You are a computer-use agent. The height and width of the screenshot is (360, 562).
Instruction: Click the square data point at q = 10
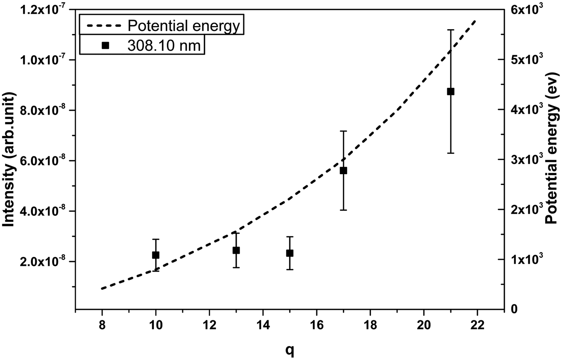click(x=156, y=255)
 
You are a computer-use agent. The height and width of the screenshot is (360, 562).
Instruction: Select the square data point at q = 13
click(x=236, y=250)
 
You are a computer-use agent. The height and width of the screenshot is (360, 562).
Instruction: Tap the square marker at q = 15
click(x=290, y=253)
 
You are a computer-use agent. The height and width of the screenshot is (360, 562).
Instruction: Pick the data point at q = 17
click(x=343, y=171)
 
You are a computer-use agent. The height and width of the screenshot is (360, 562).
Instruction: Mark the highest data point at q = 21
click(x=450, y=92)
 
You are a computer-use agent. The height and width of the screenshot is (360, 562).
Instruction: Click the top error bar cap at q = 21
click(x=450, y=30)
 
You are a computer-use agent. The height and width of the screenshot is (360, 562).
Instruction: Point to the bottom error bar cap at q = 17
click(x=343, y=210)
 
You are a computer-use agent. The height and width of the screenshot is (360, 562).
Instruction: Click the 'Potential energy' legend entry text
click(x=183, y=26)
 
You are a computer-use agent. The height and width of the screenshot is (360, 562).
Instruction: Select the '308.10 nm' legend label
click(x=164, y=46)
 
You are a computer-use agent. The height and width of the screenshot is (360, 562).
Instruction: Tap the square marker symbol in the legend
click(x=105, y=46)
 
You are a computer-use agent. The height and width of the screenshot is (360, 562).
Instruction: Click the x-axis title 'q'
click(x=289, y=340)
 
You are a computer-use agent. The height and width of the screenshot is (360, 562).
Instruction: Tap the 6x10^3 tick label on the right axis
click(x=529, y=9)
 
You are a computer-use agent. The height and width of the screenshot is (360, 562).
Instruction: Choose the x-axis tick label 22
click(x=477, y=324)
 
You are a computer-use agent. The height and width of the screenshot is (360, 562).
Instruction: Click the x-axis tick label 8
click(x=102, y=324)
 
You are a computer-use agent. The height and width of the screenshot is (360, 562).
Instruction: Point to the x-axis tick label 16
click(x=316, y=324)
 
